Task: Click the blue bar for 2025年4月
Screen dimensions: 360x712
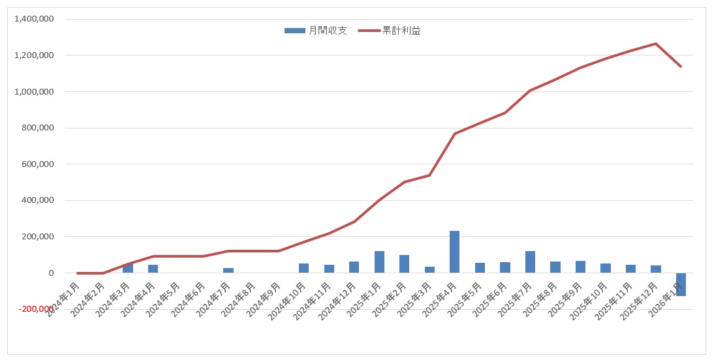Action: click(x=455, y=252)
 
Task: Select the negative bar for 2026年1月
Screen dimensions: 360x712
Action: click(x=681, y=284)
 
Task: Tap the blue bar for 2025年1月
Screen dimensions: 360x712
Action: click(x=379, y=262)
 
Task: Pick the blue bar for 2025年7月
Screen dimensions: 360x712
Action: click(x=530, y=262)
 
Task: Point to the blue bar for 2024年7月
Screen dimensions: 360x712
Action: click(x=228, y=270)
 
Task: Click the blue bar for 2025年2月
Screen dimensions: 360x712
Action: click(x=405, y=263)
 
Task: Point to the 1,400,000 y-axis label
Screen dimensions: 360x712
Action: click(x=33, y=19)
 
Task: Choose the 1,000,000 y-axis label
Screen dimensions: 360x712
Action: click(x=33, y=92)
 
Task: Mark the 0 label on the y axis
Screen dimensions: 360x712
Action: click(x=50, y=273)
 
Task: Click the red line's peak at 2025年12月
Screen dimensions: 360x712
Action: click(x=656, y=44)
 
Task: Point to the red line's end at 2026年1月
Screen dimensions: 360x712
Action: click(x=681, y=67)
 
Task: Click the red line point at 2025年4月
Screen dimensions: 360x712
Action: click(x=455, y=134)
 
